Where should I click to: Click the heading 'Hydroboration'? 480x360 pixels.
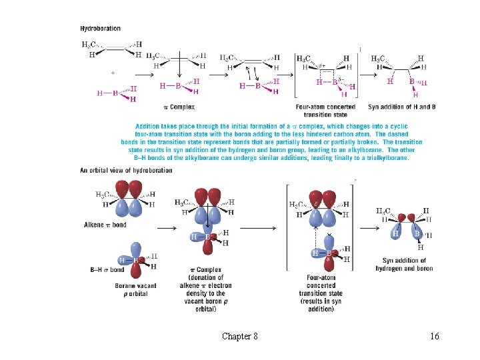(101, 29)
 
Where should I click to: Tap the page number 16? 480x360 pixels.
(434, 337)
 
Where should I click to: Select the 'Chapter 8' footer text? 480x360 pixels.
(240, 337)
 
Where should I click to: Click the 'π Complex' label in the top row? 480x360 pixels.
(179, 107)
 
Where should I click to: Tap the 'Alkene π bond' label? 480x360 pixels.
(105, 225)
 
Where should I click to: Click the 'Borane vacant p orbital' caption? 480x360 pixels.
(135, 289)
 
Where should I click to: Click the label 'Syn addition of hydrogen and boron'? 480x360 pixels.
(408, 265)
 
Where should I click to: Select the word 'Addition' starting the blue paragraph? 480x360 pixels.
(149, 126)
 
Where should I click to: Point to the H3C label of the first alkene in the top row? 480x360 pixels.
(89, 45)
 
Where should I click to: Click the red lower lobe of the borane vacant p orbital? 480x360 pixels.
(136, 271)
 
